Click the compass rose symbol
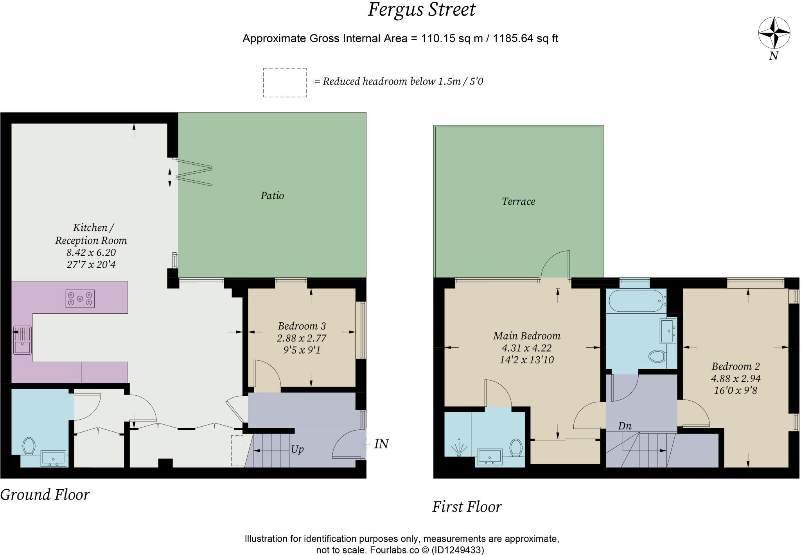(774, 33)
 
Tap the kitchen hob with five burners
(80, 299)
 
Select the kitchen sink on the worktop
(22, 340)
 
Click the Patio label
(272, 196)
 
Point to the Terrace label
(518, 201)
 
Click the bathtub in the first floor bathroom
(636, 301)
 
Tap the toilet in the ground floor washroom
(29, 446)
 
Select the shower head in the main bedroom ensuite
(458, 448)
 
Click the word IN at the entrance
(381, 444)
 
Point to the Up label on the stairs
(297, 449)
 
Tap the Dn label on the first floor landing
(625, 426)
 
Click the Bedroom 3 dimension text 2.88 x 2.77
(302, 338)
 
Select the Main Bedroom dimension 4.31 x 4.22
(526, 348)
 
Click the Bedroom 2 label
(735, 366)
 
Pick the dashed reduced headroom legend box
(284, 83)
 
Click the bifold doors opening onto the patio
(194, 172)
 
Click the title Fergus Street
(421, 10)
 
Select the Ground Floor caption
(45, 495)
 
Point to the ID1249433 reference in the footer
(458, 550)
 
